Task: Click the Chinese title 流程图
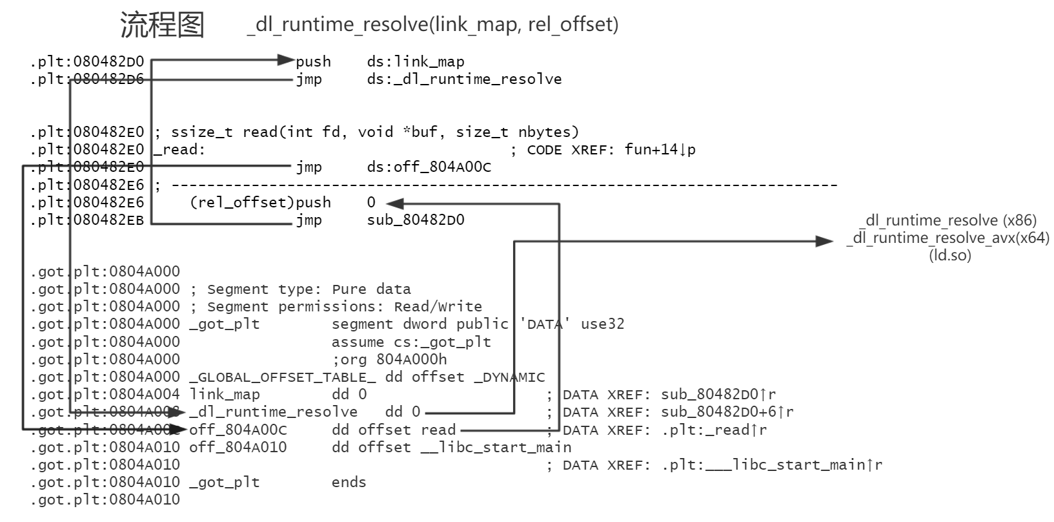point(162,25)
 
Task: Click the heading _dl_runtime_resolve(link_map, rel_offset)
point(432,25)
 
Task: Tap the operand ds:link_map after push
point(416,62)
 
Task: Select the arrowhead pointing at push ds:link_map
point(286,60)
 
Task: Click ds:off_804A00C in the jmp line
point(429,167)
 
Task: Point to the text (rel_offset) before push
point(241,203)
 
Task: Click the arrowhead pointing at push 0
point(395,204)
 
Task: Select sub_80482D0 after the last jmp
point(416,220)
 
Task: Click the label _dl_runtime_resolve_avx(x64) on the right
point(948,238)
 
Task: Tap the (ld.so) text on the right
point(950,255)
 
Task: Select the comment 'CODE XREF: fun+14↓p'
point(611,150)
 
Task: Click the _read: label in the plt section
point(180,150)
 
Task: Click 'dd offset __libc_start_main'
point(451,448)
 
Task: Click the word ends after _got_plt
point(349,483)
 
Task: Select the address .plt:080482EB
point(87,220)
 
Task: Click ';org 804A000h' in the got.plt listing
point(389,360)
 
